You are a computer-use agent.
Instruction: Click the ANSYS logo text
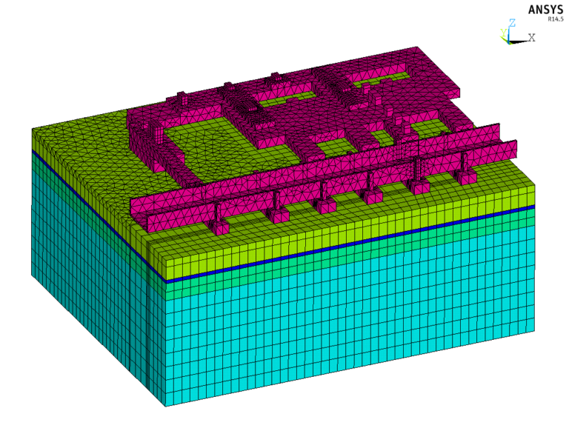tap(545, 10)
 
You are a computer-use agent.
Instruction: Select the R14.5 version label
tap(556, 19)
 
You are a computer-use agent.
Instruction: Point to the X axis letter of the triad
tap(532, 37)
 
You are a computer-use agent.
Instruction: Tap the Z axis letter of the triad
tap(512, 23)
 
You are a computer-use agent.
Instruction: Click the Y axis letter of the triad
tap(503, 33)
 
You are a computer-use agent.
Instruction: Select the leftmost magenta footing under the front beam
tap(220, 227)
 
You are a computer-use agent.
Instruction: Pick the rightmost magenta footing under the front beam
tap(465, 176)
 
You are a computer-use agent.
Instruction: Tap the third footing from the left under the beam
tap(325, 206)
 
